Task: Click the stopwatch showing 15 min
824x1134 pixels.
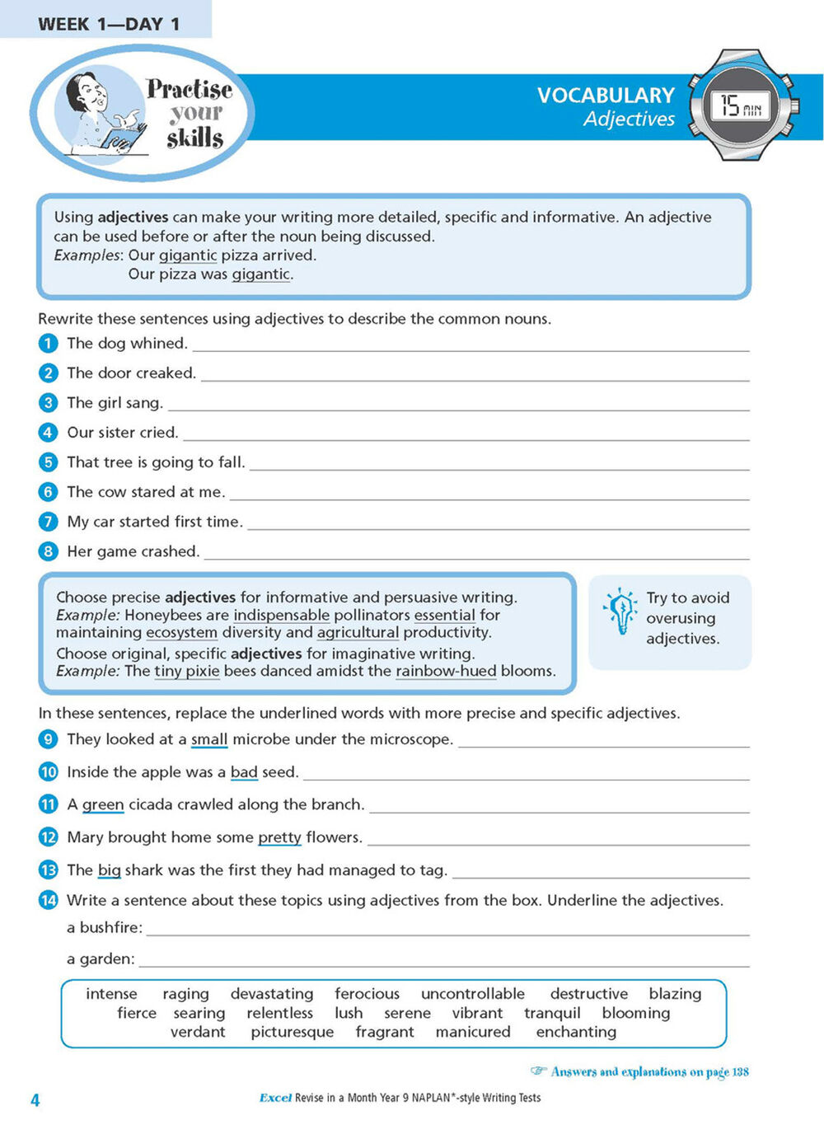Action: (743, 105)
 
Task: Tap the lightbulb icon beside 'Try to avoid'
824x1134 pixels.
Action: (620, 611)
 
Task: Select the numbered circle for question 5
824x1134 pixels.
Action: (49, 462)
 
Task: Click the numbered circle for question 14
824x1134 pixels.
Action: (49, 900)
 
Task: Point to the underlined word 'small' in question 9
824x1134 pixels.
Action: (209, 739)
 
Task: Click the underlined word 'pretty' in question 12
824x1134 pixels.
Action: (279, 837)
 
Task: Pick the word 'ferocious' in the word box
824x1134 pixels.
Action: (367, 994)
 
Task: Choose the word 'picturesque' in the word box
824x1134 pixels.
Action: (293, 1032)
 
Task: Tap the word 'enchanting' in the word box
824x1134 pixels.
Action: (576, 1032)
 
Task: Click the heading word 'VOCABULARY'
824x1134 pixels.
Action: (606, 96)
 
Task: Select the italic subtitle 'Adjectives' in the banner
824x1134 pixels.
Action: (629, 119)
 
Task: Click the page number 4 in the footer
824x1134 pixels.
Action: (35, 1100)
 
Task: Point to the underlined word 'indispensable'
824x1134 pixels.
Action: (281, 615)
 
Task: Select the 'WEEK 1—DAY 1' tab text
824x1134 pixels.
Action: (109, 24)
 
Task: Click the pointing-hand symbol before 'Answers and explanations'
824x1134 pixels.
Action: (538, 1071)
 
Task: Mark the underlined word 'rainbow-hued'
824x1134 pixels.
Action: (446, 671)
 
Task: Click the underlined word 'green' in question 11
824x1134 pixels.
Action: (103, 804)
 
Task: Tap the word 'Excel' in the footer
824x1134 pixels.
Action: (275, 1098)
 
